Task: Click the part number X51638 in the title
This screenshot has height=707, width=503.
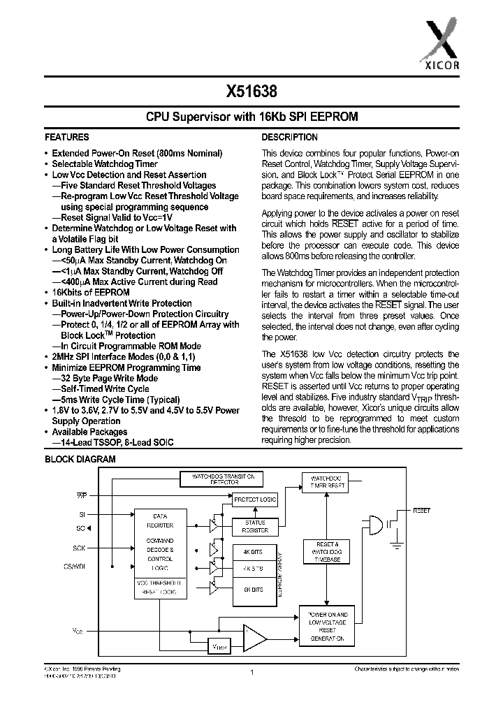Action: tap(251, 90)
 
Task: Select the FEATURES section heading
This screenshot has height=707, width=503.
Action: tap(67, 138)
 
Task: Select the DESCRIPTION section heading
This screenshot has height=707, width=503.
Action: tap(290, 138)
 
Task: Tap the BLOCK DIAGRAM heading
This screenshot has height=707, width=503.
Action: tap(80, 460)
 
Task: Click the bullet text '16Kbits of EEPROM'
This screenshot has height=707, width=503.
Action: tap(91, 293)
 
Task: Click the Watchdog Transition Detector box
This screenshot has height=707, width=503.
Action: tap(222, 479)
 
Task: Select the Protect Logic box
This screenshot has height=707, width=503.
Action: tap(255, 499)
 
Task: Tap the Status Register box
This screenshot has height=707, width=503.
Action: tap(255, 526)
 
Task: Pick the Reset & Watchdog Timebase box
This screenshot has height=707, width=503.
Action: tap(326, 551)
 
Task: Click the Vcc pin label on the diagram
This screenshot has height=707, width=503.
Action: tap(78, 631)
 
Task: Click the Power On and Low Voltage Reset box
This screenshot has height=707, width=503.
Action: tap(326, 626)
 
